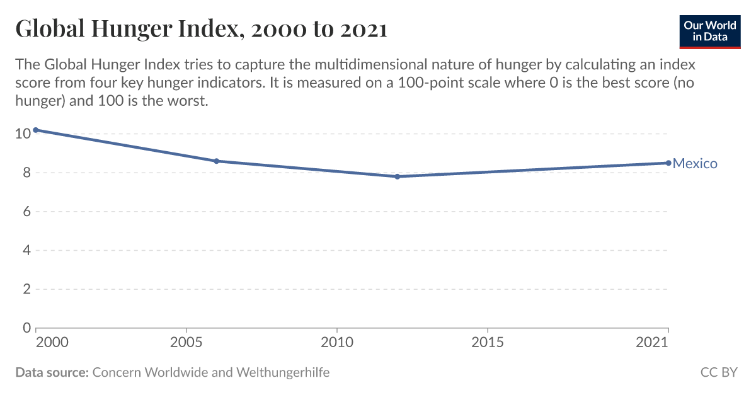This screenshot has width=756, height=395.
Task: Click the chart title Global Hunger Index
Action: pos(201,28)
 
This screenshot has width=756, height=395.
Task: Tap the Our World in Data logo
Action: pos(709,31)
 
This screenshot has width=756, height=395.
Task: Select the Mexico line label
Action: pos(695,164)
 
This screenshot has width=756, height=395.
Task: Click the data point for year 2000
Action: pos(36,130)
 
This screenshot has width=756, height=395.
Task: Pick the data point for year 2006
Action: pos(216,161)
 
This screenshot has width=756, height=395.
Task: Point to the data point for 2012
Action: pos(397,176)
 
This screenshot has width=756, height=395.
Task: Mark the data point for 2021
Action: pos(668,163)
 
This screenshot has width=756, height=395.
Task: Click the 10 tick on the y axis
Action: pos(23,134)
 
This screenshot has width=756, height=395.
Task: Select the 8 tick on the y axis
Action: pos(26,173)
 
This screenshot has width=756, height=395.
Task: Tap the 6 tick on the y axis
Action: pos(26,212)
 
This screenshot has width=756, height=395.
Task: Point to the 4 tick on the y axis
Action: pos(26,250)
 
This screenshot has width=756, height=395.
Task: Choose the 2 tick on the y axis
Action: pos(26,289)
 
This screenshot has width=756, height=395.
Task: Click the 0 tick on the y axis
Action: pos(26,328)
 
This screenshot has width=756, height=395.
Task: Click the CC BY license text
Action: pos(719,372)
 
